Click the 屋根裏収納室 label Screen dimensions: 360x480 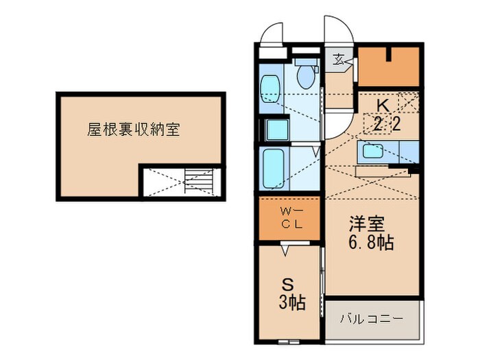(133, 129)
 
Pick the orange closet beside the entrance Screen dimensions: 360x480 (388, 67)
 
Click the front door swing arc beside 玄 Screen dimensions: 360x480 (339, 29)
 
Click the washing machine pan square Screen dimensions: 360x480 (278, 130)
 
